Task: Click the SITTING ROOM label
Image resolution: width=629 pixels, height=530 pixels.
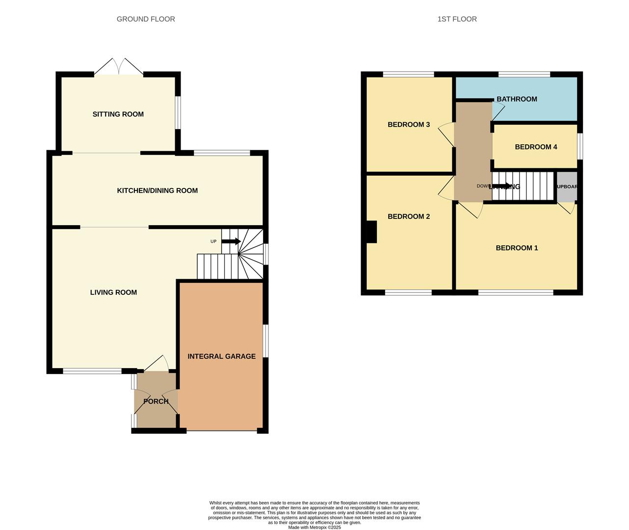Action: coord(118,114)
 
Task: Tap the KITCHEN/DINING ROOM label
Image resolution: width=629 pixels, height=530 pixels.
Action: coord(157,191)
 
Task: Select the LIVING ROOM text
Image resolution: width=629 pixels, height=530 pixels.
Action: coord(113,292)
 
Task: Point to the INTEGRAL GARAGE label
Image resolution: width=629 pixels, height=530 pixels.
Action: coord(221,357)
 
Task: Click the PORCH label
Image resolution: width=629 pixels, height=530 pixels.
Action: coord(156,401)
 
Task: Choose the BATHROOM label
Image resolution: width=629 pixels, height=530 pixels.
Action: coord(517,99)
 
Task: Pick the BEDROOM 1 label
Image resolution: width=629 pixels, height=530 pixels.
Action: coord(517,248)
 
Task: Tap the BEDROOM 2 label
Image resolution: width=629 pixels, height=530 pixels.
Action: coord(409,216)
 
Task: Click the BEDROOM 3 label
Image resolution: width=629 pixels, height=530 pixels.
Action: coord(409,125)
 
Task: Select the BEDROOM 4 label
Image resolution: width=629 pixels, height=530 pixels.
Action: coord(536,147)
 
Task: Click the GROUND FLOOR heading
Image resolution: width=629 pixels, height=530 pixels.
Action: coord(146,19)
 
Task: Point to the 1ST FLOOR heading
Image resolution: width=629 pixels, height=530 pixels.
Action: coord(457,19)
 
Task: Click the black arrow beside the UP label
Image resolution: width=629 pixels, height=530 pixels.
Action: coord(231,241)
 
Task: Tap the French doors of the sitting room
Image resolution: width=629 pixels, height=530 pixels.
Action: coord(119,66)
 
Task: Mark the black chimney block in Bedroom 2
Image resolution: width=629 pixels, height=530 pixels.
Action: coord(371,232)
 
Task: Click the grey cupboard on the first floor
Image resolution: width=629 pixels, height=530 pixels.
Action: coord(566,187)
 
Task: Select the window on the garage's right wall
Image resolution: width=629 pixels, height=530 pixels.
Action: coord(265,341)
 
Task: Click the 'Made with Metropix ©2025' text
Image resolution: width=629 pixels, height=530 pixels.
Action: coord(314,528)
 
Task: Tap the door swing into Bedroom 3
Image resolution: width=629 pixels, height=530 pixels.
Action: coord(446,133)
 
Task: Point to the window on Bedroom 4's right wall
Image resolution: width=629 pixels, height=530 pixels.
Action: coord(580,147)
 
